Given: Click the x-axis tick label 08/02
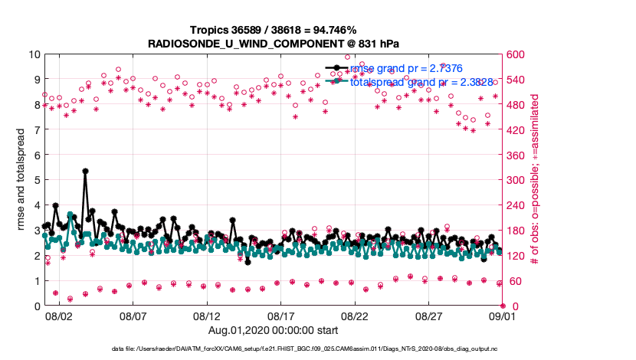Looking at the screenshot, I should [59, 316].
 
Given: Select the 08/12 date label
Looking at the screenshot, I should [207, 316].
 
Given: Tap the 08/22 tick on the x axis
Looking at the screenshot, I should [356, 316].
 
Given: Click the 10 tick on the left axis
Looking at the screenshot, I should [34, 54].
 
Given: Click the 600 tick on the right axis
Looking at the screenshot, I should [516, 54].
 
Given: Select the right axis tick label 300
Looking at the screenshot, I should [516, 181].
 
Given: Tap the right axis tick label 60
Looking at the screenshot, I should [513, 281].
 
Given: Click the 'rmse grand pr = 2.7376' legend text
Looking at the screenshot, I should [406, 68].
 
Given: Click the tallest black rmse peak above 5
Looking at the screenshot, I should [85, 172].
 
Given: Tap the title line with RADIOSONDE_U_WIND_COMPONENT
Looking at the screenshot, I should [274, 44].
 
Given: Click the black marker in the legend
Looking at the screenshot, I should [335, 69].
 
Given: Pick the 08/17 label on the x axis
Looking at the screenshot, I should [281, 316].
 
